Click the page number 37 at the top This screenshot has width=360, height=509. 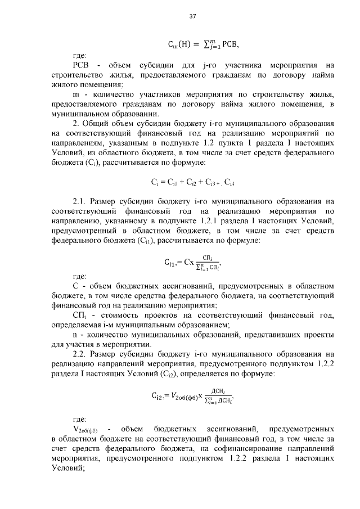(192, 16)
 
